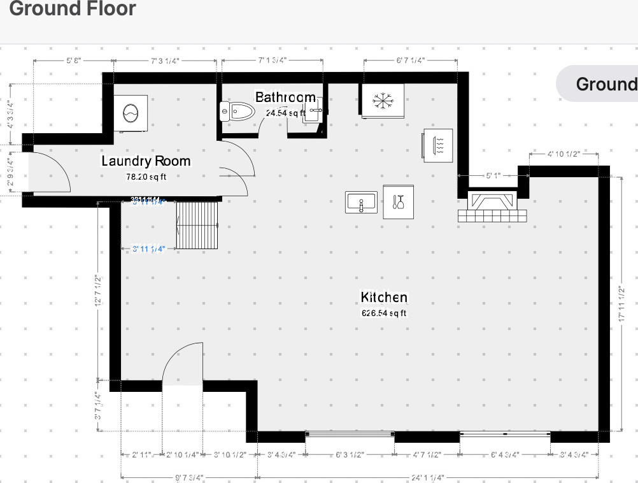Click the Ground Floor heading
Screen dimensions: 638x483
[x=73, y=9]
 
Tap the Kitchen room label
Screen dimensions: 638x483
[x=384, y=298]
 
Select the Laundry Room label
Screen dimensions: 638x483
[x=146, y=161]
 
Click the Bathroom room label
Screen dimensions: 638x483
[x=285, y=97]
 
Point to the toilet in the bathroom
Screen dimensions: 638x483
[x=236, y=112]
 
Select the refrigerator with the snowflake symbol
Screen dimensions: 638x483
[x=382, y=100]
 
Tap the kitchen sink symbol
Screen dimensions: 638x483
[x=362, y=203]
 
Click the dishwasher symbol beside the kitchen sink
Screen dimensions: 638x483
[x=399, y=202]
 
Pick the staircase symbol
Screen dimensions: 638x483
[x=197, y=226]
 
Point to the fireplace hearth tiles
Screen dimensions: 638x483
[x=492, y=215]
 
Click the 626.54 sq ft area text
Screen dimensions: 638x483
[x=384, y=314]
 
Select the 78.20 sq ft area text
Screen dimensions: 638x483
[x=146, y=177]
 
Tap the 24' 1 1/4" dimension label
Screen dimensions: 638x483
[x=428, y=477]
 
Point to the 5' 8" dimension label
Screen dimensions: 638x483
[x=73, y=61]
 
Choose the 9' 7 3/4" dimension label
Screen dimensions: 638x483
[x=189, y=477]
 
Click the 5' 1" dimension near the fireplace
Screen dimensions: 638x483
[x=493, y=175]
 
